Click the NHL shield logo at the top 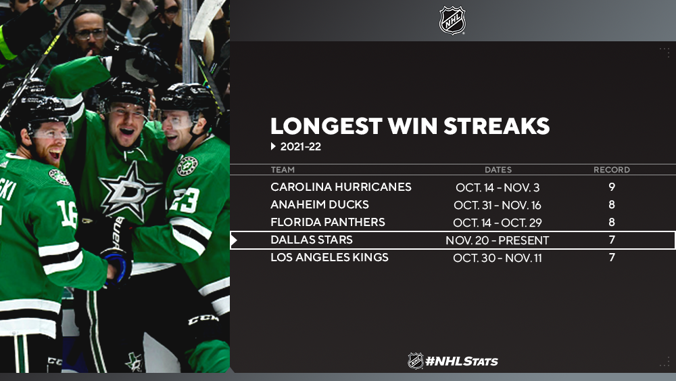coord(452,20)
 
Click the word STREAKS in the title coord(497,126)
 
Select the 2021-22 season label coord(301,147)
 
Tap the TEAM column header coord(283,170)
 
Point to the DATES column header coord(498,170)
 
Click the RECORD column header coord(612,170)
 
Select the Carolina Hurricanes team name coord(341,187)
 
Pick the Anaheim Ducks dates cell coord(498,205)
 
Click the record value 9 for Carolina coord(612,187)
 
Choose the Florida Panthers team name coord(328,222)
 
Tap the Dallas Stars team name coord(312,240)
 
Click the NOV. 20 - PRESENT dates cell coord(498,240)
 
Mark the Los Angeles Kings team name coord(329,258)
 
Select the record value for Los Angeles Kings coord(612,258)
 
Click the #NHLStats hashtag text coord(461,361)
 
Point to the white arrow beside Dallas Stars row coord(234,240)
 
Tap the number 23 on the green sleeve coord(185,200)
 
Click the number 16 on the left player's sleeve coord(68,214)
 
